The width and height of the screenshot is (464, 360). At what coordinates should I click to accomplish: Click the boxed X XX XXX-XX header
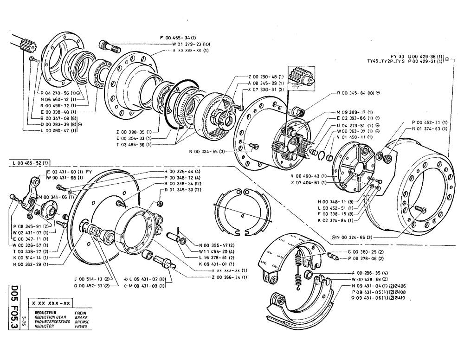point(51,302)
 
